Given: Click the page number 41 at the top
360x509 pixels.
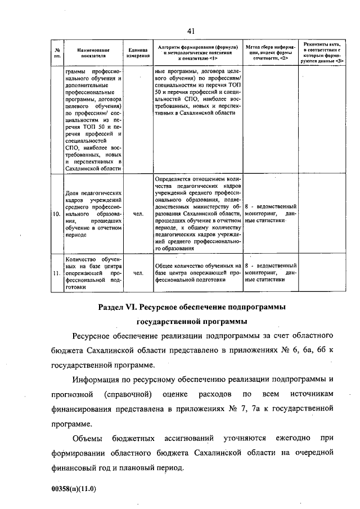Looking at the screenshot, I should (x=191, y=30).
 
